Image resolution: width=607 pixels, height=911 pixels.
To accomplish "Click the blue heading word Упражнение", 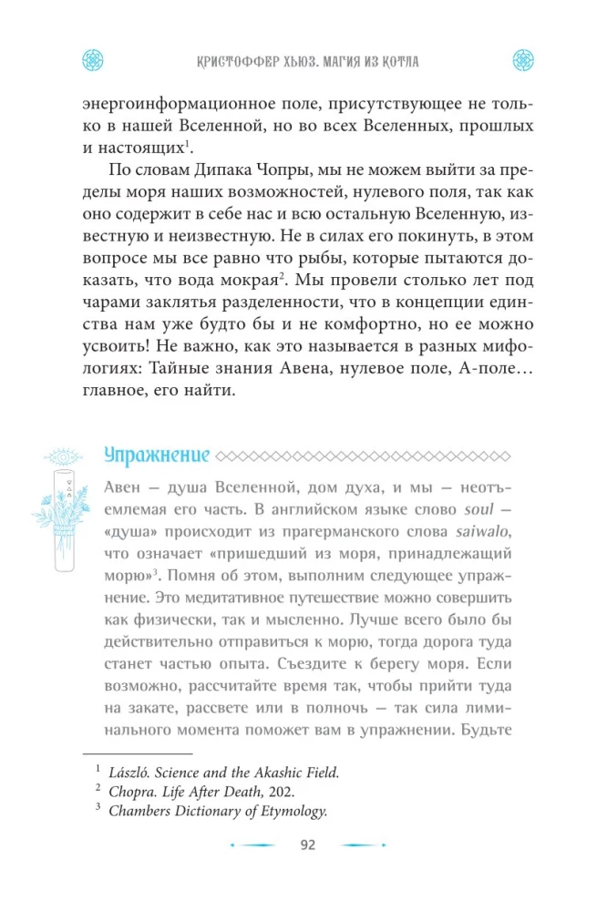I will click(156, 455).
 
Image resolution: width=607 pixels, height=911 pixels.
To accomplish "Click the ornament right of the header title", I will click(521, 59).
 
